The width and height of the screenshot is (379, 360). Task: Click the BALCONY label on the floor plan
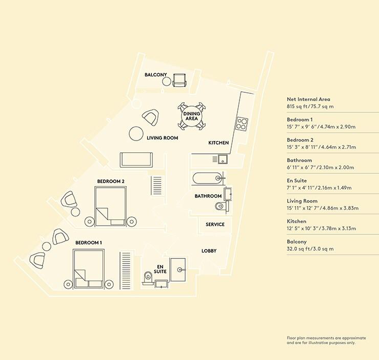tap(156, 75)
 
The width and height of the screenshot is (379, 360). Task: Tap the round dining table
tap(192, 116)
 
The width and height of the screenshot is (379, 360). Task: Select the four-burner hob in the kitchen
tap(242, 124)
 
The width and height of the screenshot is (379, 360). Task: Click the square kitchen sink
tap(223, 159)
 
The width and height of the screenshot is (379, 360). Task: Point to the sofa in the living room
tap(136, 160)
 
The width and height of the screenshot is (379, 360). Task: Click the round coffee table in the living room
tap(136, 133)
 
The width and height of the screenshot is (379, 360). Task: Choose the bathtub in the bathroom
tap(207, 178)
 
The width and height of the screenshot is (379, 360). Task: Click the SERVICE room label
tap(215, 225)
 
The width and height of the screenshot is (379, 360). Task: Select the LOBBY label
tap(209, 251)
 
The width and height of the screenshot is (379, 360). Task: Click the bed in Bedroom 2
tap(111, 207)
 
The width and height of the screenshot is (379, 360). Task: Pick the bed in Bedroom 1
tap(89, 269)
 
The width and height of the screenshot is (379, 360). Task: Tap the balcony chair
tap(179, 81)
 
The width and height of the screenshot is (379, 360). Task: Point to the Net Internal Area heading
tap(308, 99)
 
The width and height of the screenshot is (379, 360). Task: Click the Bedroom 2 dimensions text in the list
tap(321, 147)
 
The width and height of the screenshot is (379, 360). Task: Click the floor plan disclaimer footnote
tap(326, 340)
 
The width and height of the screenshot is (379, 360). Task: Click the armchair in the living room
tap(151, 117)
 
